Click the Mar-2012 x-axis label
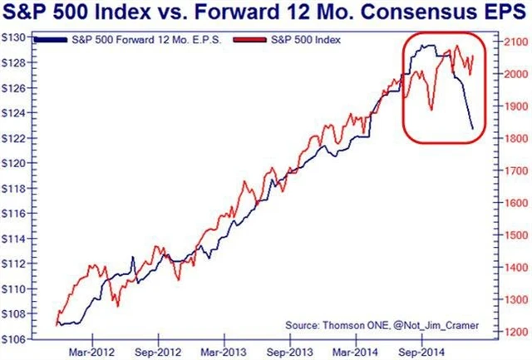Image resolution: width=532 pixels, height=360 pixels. [91, 351]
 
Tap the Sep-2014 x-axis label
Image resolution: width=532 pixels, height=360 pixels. [421, 351]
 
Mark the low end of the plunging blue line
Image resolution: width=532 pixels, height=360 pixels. [472, 128]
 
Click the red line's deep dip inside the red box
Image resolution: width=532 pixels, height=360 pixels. [431, 109]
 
